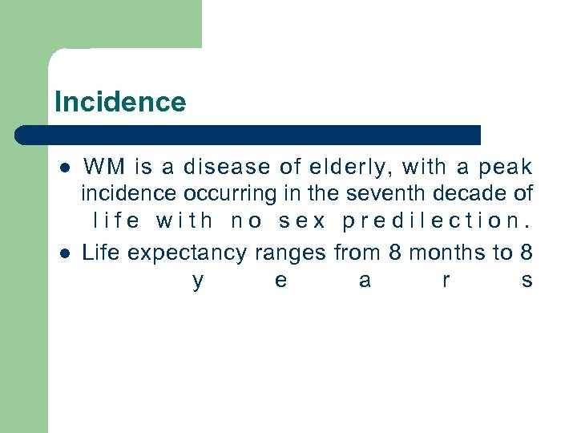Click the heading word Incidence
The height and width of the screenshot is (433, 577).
[120, 102]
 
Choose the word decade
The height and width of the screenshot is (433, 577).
[474, 193]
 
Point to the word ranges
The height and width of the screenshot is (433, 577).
[290, 253]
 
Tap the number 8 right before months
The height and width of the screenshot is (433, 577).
[394, 253]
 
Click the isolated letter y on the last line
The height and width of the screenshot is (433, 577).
[198, 281]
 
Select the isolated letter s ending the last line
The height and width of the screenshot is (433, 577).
[527, 281]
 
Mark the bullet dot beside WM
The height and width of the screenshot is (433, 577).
[64, 168]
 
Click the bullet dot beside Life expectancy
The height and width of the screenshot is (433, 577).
[64, 253]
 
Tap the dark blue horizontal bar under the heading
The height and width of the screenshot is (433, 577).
[248, 135]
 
